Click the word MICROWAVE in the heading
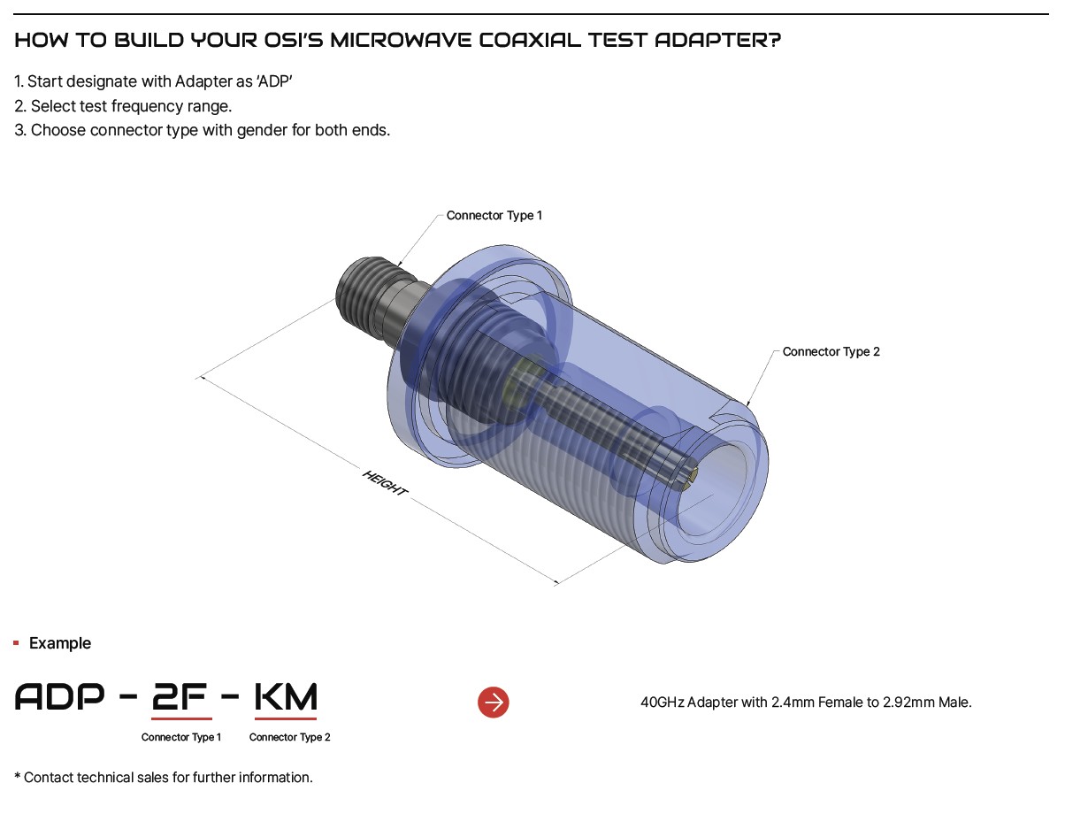pyautogui.click(x=401, y=40)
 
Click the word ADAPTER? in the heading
pyautogui.click(x=718, y=40)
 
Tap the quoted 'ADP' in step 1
pyautogui.click(x=274, y=81)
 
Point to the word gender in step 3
pyautogui.click(x=262, y=130)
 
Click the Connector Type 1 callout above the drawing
pyautogui.click(x=494, y=215)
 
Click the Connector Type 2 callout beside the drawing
pyautogui.click(x=831, y=351)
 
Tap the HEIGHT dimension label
pyautogui.click(x=385, y=483)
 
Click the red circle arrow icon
pyautogui.click(x=494, y=702)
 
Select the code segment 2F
pyautogui.click(x=180, y=696)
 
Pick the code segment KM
pyautogui.click(x=286, y=696)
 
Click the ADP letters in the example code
pyautogui.click(x=59, y=696)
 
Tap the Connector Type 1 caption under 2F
pyautogui.click(x=181, y=737)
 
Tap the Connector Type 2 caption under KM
pyautogui.click(x=289, y=737)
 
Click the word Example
pyautogui.click(x=60, y=643)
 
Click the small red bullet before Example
pyautogui.click(x=17, y=643)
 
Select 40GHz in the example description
pyautogui.click(x=662, y=702)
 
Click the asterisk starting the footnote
pyautogui.click(x=18, y=776)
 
